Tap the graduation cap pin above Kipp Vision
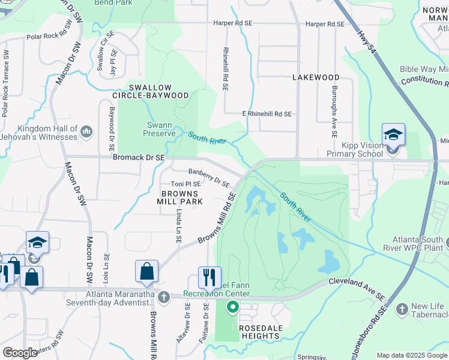point(393,134)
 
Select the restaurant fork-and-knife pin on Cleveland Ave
point(209,277)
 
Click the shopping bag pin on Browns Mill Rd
point(146,271)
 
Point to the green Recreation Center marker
point(232,308)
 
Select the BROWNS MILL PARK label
point(179,198)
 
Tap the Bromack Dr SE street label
point(139,157)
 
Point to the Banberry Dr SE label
point(209,178)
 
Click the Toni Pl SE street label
point(186,184)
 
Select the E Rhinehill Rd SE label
point(267,113)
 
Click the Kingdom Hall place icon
point(86,131)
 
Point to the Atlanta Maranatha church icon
point(164,296)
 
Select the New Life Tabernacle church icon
point(402,310)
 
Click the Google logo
point(19,353)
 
